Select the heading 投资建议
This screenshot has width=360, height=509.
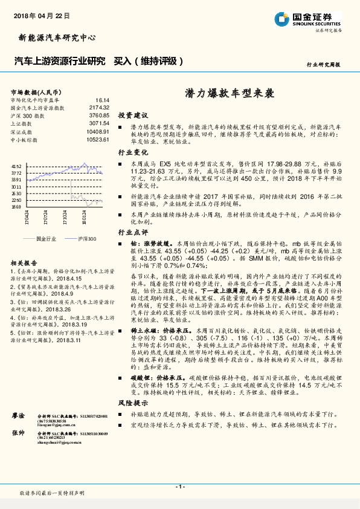[x=133, y=114]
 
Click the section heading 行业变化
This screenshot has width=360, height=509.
[x=133, y=152]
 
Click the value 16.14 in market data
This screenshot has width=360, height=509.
[x=102, y=100]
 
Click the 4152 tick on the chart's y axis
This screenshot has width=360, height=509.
[x=16, y=166]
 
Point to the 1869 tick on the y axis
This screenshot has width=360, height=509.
[x=16, y=206]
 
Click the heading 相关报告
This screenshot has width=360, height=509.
[x=24, y=263]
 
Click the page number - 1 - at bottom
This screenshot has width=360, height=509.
[x=179, y=486]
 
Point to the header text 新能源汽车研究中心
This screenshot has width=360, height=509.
[x=54, y=37]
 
